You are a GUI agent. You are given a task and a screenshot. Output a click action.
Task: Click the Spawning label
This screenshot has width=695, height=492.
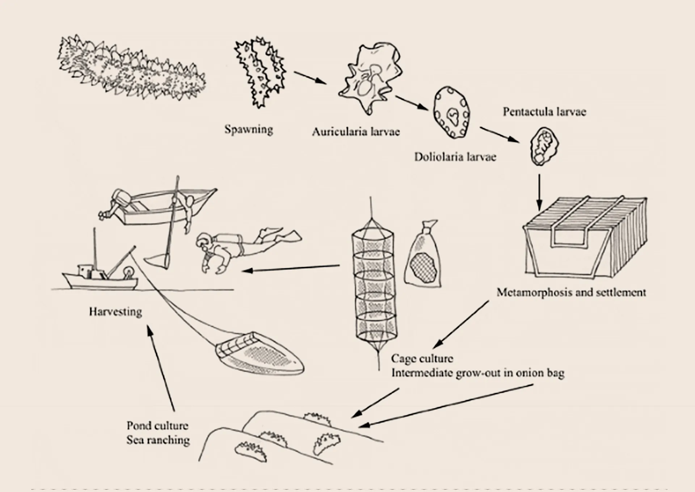(x=249, y=130)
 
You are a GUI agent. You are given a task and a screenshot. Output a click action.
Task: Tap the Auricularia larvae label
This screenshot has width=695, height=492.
(x=356, y=131)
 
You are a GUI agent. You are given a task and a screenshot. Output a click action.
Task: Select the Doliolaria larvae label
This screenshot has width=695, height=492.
(x=455, y=157)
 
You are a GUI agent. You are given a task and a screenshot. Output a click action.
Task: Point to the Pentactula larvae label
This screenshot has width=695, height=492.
(x=544, y=112)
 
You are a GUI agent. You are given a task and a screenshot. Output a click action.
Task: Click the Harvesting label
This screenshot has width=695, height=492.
(x=115, y=312)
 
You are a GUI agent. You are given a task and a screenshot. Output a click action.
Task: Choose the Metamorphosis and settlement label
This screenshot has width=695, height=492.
(x=571, y=292)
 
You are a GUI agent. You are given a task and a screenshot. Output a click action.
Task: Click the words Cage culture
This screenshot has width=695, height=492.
(x=422, y=358)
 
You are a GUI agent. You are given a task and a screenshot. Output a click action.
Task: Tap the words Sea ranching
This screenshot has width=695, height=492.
(x=158, y=440)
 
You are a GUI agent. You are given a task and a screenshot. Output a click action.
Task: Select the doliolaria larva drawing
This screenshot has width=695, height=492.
(x=452, y=113)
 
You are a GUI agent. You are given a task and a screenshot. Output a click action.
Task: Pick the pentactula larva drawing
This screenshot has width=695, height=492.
(x=544, y=146)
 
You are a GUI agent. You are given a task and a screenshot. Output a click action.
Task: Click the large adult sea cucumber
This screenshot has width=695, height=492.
(x=132, y=68)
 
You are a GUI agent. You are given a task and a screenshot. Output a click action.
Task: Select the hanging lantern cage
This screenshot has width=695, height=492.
(x=375, y=286)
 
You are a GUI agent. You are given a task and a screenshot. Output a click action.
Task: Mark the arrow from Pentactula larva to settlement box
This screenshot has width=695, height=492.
(x=539, y=193)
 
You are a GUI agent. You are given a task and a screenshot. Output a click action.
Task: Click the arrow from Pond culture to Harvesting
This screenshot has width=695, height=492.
(x=161, y=368)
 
